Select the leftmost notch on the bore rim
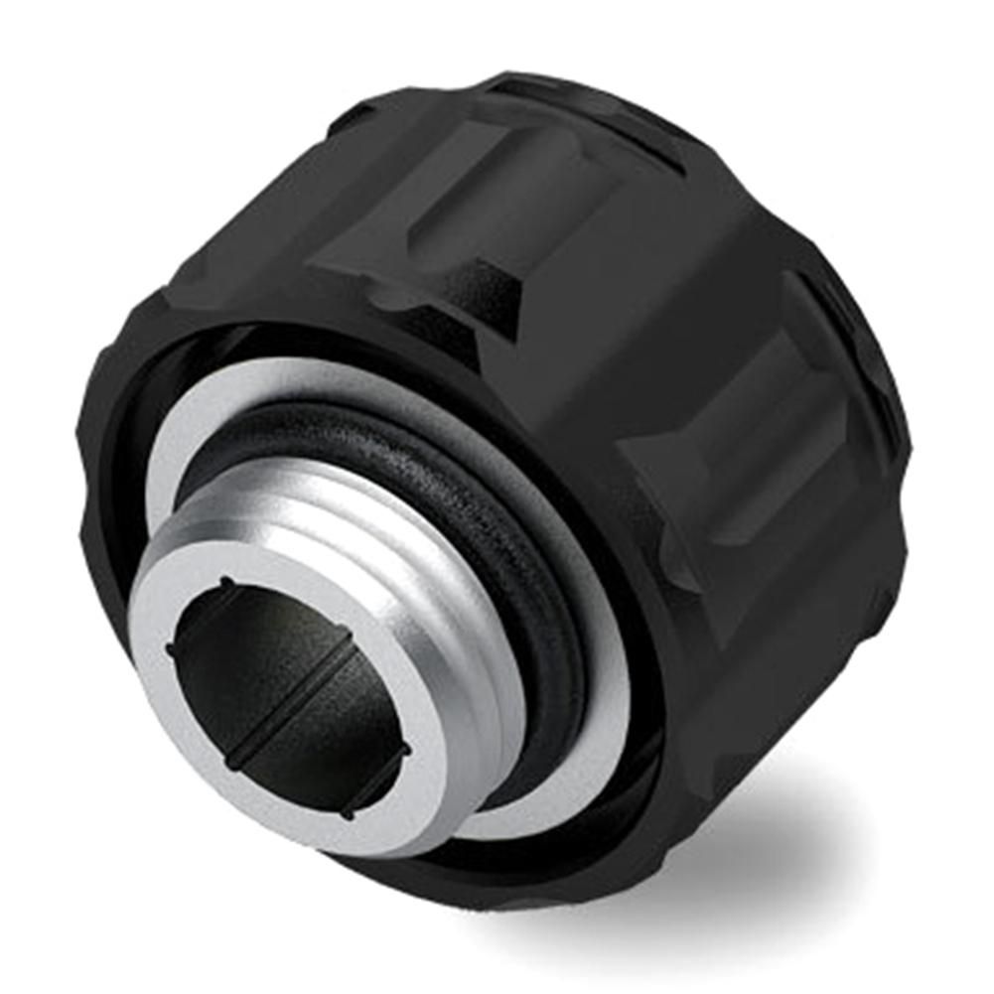point(170,649)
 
